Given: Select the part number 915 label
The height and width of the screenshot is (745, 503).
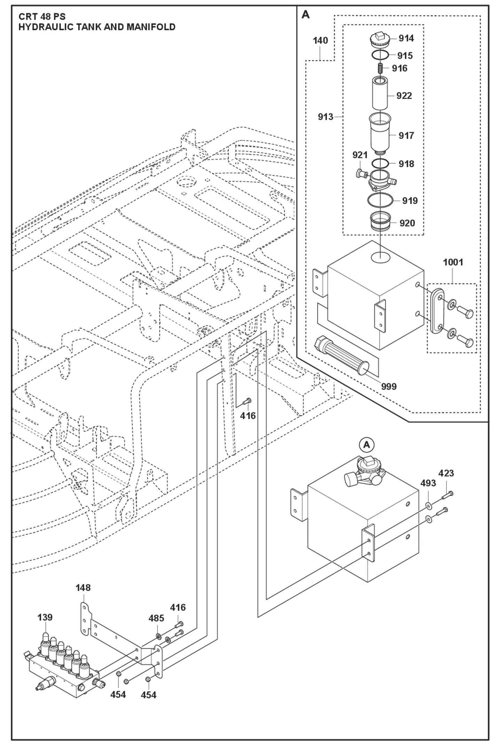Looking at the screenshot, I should pyautogui.click(x=405, y=56).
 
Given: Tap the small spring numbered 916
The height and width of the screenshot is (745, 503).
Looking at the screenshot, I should pyautogui.click(x=380, y=68).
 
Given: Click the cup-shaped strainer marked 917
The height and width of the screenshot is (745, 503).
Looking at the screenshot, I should pyautogui.click(x=380, y=134).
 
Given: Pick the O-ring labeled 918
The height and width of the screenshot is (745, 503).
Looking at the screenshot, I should pyautogui.click(x=380, y=163).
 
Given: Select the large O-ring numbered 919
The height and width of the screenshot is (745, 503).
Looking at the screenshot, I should pyautogui.click(x=380, y=200).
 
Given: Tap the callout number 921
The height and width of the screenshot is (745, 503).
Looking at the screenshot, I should pyautogui.click(x=360, y=155).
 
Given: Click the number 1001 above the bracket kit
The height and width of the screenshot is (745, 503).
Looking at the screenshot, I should pyautogui.click(x=453, y=262).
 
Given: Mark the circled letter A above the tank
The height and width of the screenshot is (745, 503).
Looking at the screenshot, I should pyautogui.click(x=366, y=445).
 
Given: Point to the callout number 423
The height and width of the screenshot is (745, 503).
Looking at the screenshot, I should pyautogui.click(x=446, y=473).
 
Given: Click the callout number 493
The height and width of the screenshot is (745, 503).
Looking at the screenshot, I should pyautogui.click(x=428, y=483).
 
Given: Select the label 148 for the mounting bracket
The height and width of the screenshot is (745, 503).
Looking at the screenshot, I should pyautogui.click(x=83, y=588).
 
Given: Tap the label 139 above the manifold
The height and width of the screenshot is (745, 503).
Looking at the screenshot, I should pyautogui.click(x=45, y=617).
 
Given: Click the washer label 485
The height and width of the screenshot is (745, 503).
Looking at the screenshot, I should pyautogui.click(x=156, y=618).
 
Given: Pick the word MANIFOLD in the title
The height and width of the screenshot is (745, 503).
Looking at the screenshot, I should pyautogui.click(x=151, y=27).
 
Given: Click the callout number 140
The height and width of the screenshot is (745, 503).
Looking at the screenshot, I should pyautogui.click(x=320, y=41).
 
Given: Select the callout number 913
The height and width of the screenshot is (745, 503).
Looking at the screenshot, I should pyautogui.click(x=325, y=117).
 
